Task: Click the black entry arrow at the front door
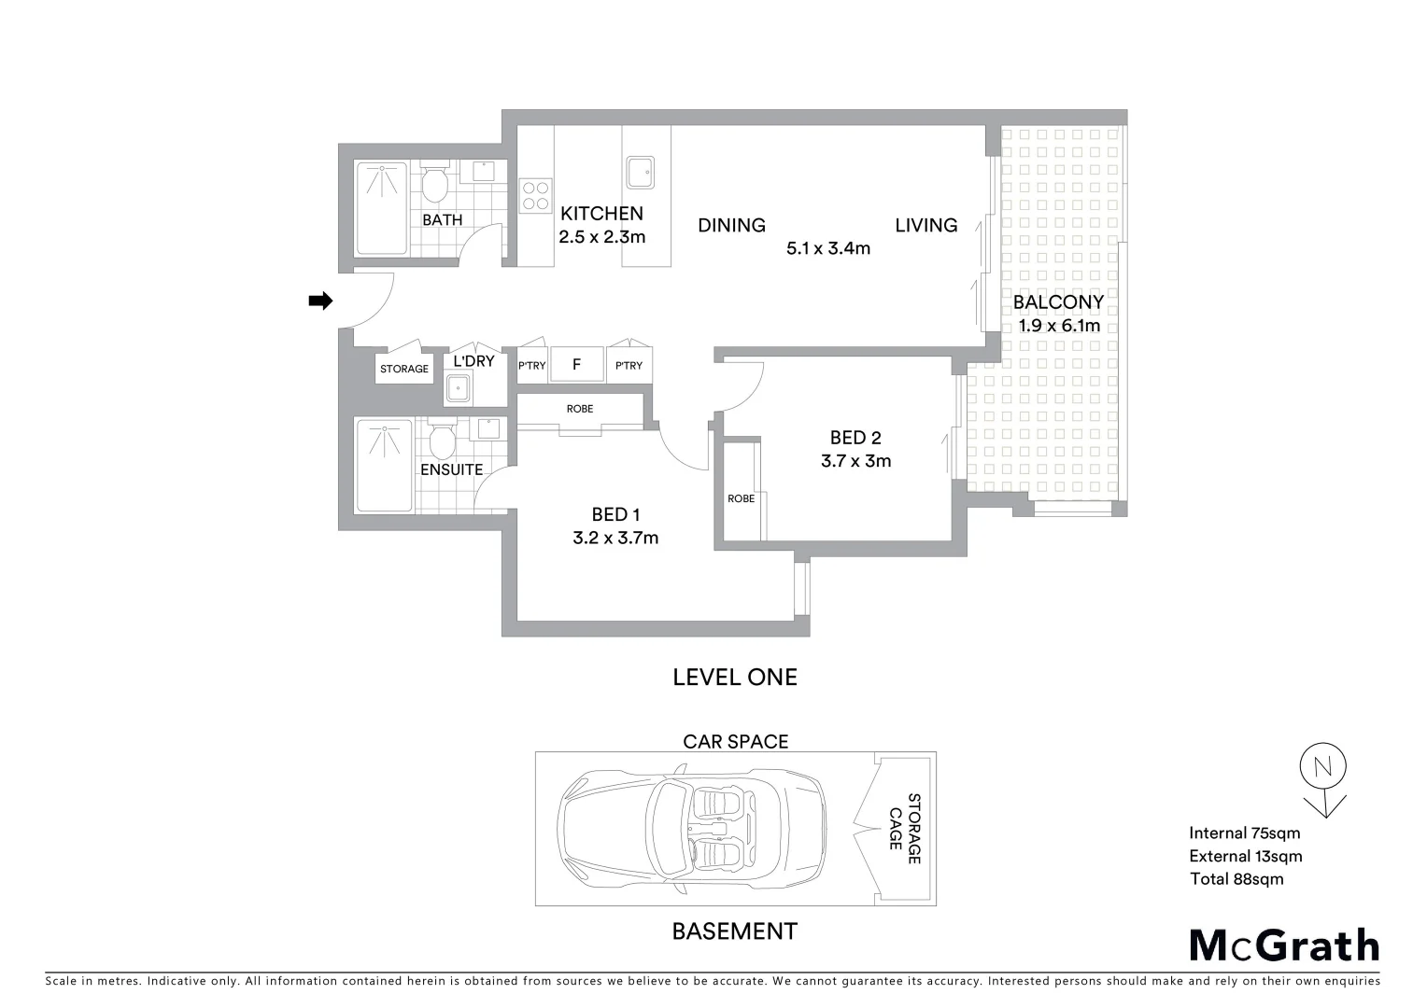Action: coord(320,301)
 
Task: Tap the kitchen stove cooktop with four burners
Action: coord(536,196)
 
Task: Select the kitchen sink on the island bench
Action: coord(640,172)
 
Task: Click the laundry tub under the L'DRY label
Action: coord(458,387)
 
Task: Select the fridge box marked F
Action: coord(576,365)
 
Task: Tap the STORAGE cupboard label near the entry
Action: coord(404,369)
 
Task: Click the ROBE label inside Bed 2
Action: coord(742,498)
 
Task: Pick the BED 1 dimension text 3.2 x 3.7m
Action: coord(615,538)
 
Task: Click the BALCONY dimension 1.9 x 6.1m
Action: coord(1059,326)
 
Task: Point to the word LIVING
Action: coord(925,225)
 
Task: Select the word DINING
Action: coord(731,225)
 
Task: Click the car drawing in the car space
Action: coord(691,828)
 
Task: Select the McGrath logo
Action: coord(1284,945)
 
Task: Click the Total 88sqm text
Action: coord(1236,878)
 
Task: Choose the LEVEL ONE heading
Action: coord(735,677)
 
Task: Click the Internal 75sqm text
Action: coord(1244,833)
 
